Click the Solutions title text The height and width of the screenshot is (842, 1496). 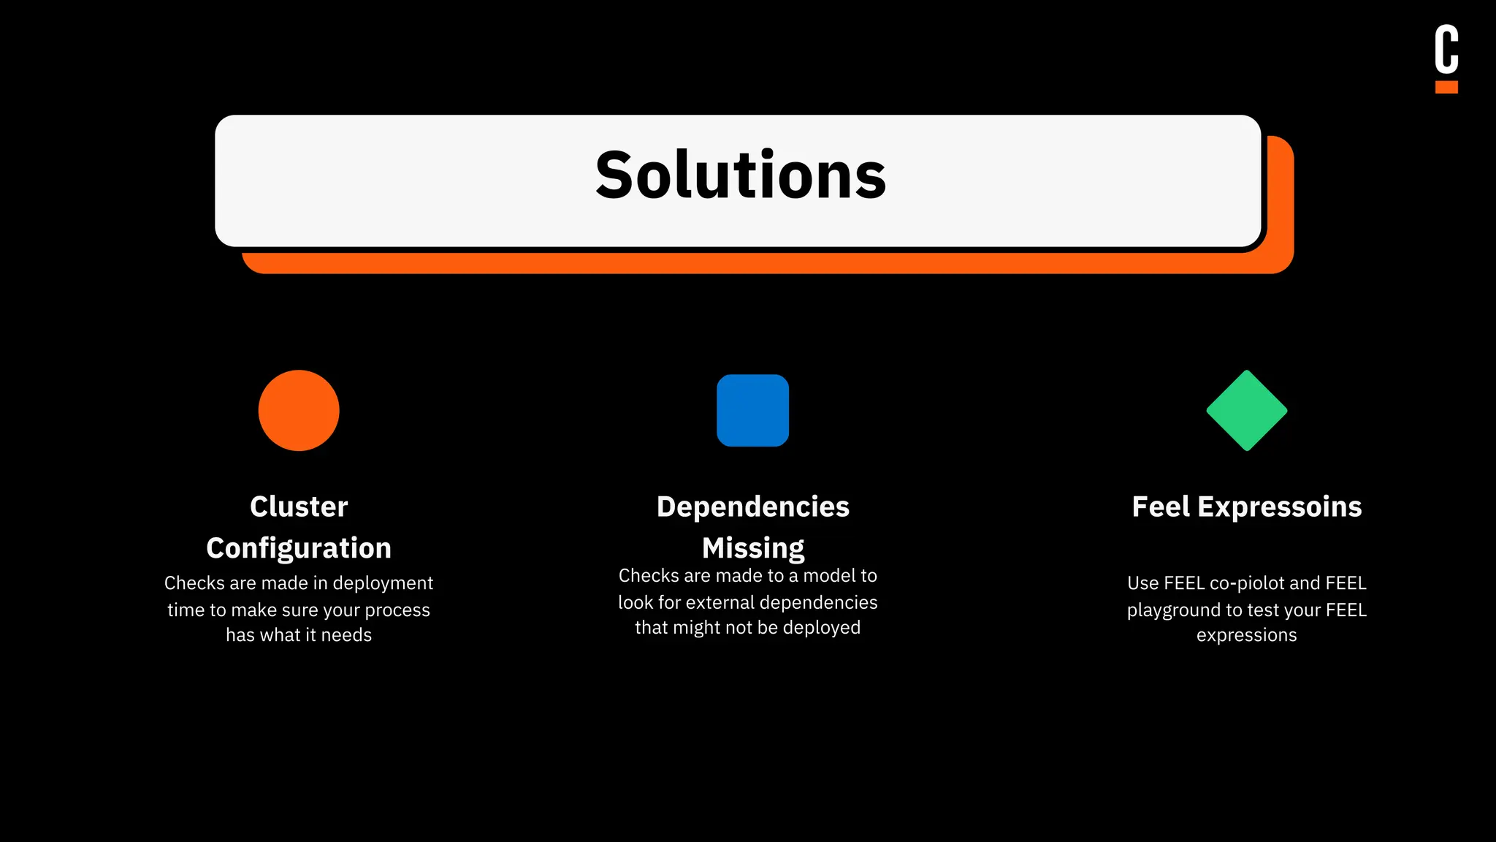[741, 175]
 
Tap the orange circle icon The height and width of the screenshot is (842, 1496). [299, 410]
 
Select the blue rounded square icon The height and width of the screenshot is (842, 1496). [752, 410]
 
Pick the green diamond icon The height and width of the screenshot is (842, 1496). [1246, 410]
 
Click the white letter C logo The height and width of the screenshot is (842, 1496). [1446, 49]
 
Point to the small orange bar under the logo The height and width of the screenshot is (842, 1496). [1446, 87]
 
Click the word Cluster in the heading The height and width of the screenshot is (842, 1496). [299, 507]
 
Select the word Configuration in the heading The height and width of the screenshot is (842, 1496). [299, 548]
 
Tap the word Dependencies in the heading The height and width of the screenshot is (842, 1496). [752, 507]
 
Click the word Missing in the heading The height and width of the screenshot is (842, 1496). [752, 548]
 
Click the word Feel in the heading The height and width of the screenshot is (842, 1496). [1161, 507]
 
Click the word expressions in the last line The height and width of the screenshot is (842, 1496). [1246, 635]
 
